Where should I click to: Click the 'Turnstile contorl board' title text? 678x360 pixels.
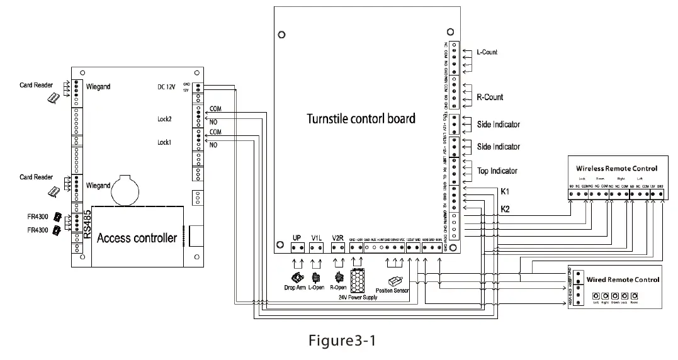click(361, 118)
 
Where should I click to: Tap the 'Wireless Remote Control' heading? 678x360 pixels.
click(616, 169)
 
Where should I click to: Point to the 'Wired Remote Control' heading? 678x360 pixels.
click(622, 279)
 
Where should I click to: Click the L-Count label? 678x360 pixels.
click(486, 52)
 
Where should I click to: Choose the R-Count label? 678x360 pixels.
click(489, 98)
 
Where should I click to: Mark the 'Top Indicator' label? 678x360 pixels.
click(497, 171)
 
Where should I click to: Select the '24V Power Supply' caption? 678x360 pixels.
click(357, 297)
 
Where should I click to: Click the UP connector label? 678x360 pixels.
click(297, 238)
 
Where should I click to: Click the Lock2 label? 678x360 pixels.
click(165, 119)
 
